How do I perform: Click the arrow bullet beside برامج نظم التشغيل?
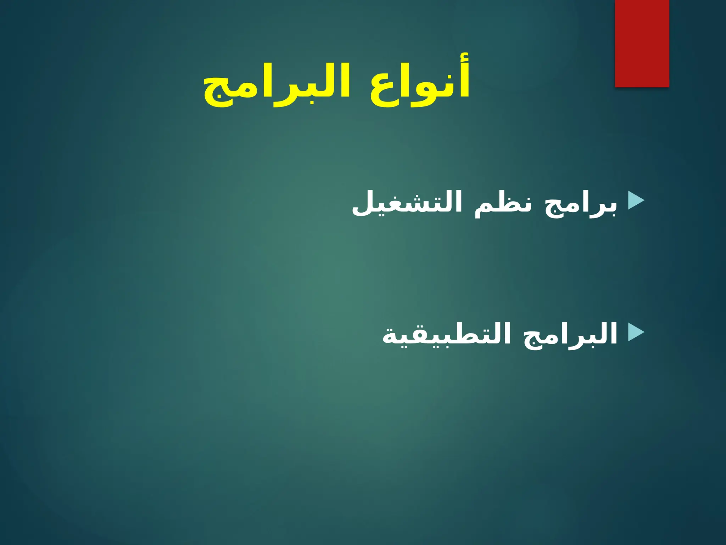636,200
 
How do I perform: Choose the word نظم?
503,205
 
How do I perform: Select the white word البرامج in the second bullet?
571,335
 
